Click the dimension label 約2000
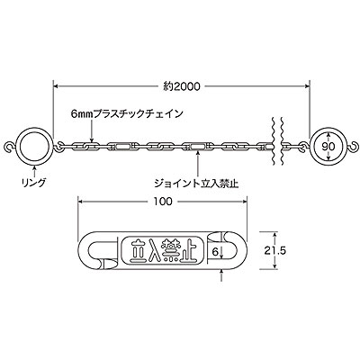click(x=182, y=86)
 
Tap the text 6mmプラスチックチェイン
click(x=127, y=114)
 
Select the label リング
click(x=34, y=182)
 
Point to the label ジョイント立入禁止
click(x=196, y=184)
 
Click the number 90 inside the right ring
click(x=328, y=147)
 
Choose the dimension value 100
click(x=163, y=202)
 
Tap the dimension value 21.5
click(x=274, y=250)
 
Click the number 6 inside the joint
click(x=215, y=252)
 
